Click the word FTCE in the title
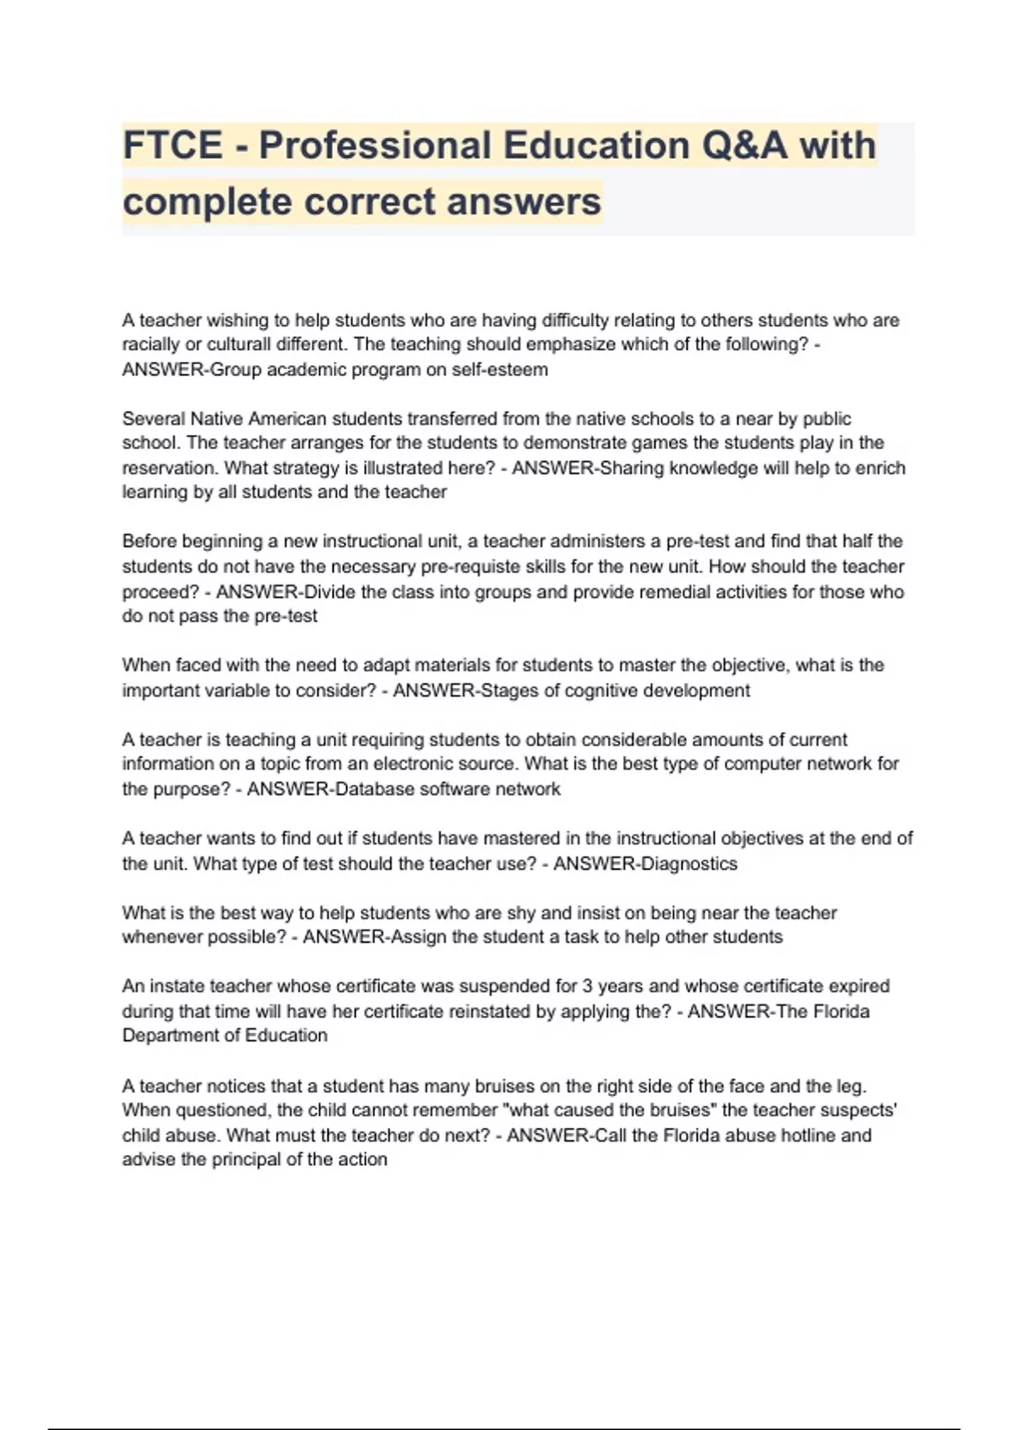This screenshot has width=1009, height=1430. [x=172, y=146]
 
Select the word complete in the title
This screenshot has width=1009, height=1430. [x=207, y=202]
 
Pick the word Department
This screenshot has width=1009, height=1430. [x=171, y=1035]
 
